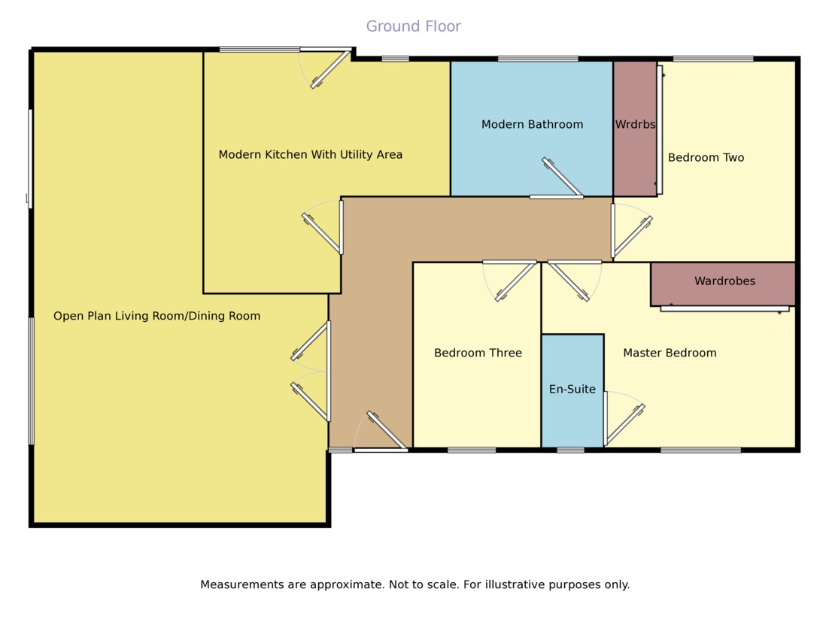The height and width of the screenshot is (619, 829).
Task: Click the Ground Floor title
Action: coord(413,26)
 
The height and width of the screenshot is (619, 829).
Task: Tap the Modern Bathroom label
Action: coord(532,124)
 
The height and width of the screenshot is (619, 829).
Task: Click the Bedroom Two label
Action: coord(706,157)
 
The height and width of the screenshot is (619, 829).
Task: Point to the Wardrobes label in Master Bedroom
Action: coord(724,281)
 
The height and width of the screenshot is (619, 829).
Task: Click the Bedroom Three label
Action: coord(478,353)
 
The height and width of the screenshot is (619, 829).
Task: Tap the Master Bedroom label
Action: coord(670,353)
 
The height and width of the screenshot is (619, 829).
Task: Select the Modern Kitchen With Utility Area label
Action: coord(310,154)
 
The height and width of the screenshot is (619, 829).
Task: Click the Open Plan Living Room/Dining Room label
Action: coord(156,316)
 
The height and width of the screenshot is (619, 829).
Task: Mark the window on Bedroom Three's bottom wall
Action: coord(472,450)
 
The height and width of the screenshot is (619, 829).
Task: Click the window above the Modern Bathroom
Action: coord(538,59)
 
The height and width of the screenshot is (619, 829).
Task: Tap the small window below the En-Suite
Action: coord(570,450)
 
